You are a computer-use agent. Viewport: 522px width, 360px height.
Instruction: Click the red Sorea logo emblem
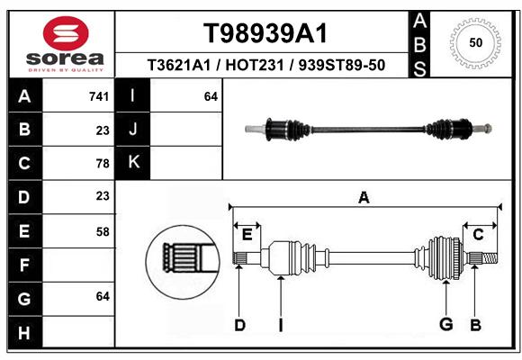coord(66,33)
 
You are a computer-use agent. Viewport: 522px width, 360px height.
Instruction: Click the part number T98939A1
coord(265,33)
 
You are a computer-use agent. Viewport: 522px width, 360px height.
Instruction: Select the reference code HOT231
coord(255,65)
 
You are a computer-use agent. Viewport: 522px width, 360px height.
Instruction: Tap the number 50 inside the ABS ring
coord(476,42)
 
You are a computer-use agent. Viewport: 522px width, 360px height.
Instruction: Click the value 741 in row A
coord(99,96)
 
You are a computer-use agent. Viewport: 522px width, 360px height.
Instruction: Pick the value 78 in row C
coord(103,164)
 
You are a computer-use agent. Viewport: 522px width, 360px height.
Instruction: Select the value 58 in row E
coord(103,231)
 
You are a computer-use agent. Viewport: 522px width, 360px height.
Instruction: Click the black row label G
coord(24,299)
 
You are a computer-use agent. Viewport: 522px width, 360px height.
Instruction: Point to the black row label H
coord(24,332)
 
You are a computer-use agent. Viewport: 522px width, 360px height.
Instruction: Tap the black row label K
coord(133,162)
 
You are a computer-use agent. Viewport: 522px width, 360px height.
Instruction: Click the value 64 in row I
coord(211,96)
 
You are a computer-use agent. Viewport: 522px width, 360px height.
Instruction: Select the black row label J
coord(133,129)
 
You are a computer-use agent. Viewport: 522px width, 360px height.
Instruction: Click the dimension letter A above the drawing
coord(364,198)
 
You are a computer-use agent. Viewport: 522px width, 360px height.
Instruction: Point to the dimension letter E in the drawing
coord(247,235)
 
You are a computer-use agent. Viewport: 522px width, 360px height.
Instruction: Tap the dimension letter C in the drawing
coord(478,235)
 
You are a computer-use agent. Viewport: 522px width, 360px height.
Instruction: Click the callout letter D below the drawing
coord(239,325)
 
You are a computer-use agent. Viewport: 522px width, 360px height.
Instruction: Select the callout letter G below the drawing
coord(446,324)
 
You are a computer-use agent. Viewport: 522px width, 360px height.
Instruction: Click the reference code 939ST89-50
coord(342,65)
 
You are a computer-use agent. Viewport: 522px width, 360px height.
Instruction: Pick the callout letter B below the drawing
coord(476,325)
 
